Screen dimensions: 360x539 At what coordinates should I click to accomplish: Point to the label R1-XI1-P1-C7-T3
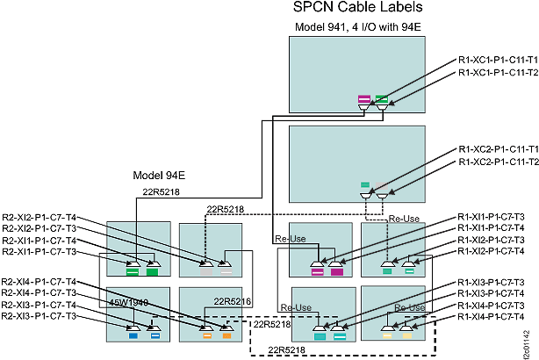point(492,216)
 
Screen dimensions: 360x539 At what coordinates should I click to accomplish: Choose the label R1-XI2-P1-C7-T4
point(492,250)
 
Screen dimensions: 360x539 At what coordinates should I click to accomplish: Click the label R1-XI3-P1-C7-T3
point(492,282)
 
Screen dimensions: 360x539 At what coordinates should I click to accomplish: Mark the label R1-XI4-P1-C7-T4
point(492,316)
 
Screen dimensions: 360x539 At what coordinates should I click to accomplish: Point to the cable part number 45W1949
point(128,301)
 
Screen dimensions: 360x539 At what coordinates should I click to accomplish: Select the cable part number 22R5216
point(233,301)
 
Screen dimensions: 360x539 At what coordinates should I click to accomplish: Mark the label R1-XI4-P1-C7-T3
point(492,305)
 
